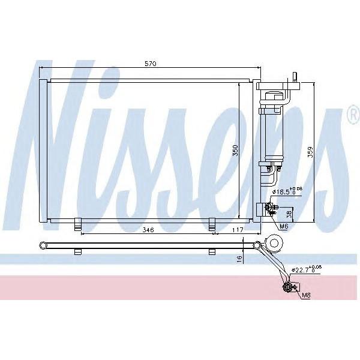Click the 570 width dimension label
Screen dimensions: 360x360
[x=150, y=64]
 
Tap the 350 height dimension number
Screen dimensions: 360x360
[x=236, y=150]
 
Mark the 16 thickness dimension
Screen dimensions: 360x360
[x=239, y=258]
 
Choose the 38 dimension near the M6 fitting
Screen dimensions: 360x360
[x=289, y=214]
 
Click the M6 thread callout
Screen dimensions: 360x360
[x=284, y=226]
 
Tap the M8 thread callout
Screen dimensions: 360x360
[x=306, y=295]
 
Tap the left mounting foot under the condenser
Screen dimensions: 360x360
[x=77, y=224]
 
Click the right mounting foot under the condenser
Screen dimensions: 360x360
[x=212, y=224]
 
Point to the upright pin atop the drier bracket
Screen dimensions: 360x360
[x=294, y=78]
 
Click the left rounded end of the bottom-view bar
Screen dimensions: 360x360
[x=42, y=244]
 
